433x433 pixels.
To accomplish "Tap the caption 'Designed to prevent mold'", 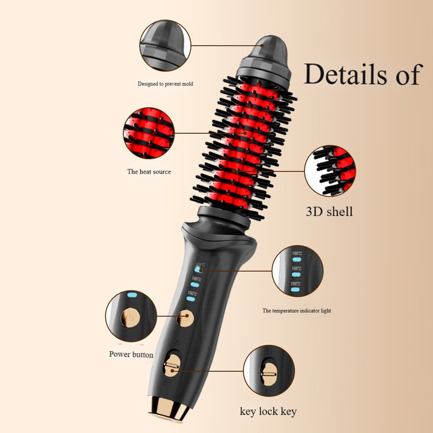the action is pos(165,84).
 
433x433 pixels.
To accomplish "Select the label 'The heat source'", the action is pos(149,171).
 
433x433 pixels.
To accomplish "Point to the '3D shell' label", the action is pos(329,211).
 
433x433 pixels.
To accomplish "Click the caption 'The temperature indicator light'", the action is pos(297,310).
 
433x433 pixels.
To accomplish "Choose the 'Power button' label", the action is pos(131,354).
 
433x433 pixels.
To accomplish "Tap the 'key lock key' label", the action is pos(268,411).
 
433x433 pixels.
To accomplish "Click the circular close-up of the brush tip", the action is pos(165,45).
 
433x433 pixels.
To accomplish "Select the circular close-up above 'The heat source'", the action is pos(149,133).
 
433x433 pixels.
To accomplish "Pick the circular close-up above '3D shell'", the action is pos(330,171).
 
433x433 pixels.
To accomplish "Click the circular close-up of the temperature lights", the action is pos(297,271).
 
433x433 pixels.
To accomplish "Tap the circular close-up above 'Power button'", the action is pos(131,316).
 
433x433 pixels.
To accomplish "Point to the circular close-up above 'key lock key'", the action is pos(269,371).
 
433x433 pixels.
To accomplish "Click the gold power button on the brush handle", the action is pos(185,318).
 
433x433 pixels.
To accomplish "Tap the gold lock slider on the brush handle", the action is pos(172,366).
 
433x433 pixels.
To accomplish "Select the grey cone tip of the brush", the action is pos(263,58).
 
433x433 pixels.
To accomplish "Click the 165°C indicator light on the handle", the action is pos(195,284).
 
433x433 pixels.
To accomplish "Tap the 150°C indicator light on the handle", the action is pos(191,299).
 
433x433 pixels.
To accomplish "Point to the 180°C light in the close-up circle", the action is pos(296,259).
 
